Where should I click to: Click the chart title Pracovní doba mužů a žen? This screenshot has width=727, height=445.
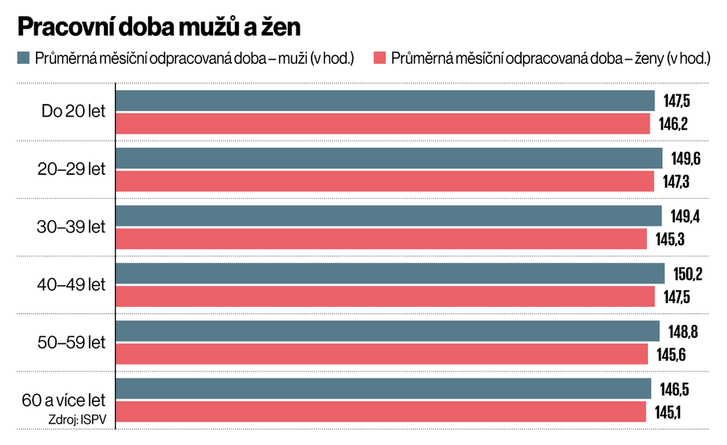click(159, 27)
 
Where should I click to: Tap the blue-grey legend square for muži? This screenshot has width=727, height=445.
click(22, 58)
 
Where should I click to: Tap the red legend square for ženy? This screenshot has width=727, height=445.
click(379, 58)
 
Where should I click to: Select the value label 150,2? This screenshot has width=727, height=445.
click(687, 274)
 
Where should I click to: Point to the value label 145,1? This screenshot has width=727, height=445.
click(668, 412)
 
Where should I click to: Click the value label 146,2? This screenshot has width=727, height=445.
click(673, 124)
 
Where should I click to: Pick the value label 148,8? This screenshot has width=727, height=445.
click(682, 332)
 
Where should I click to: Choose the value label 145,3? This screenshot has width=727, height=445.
click(669, 239)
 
